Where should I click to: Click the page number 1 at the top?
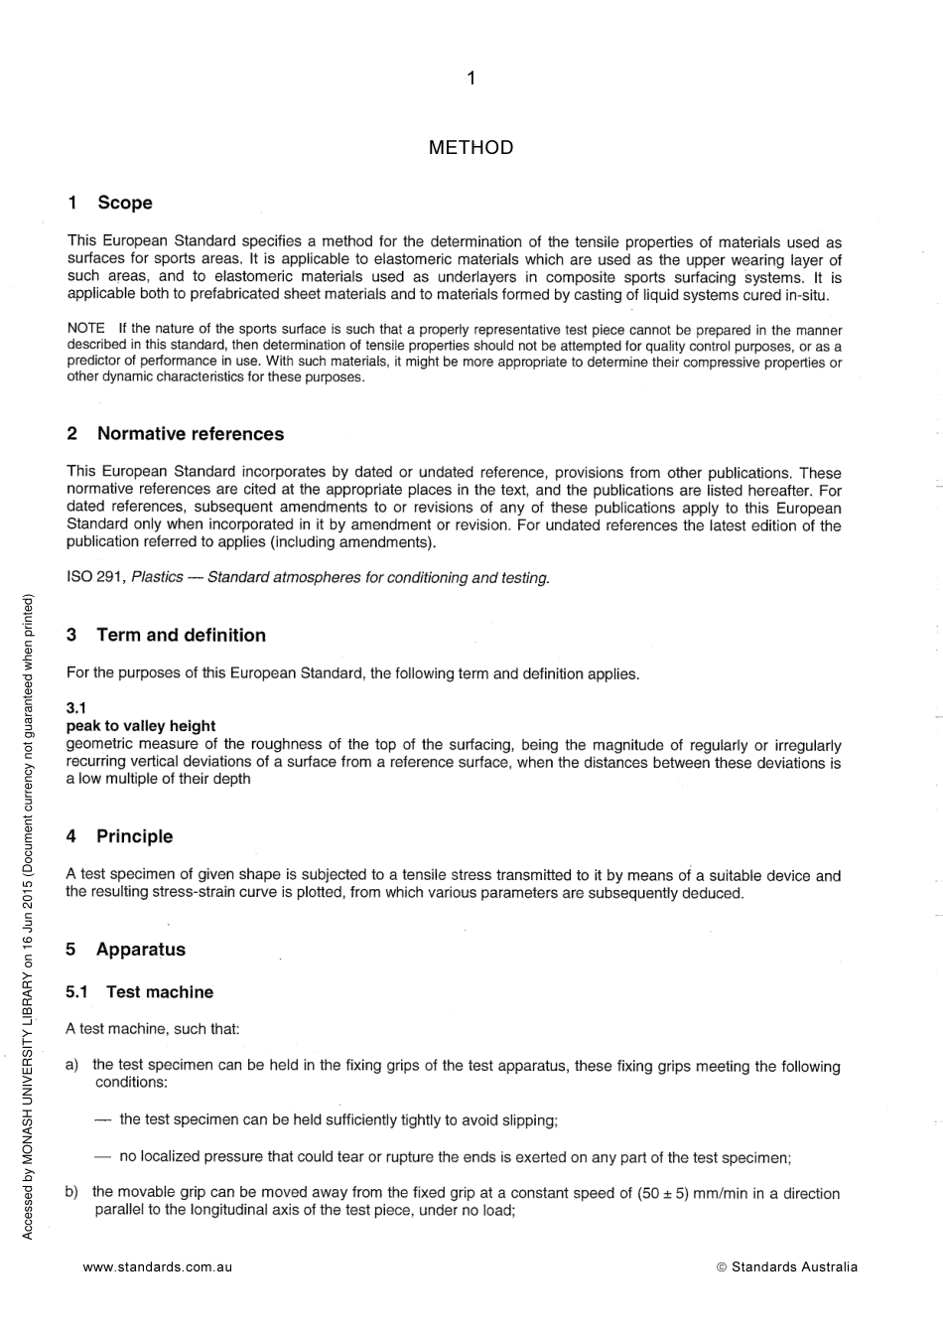pyautogui.click(x=471, y=78)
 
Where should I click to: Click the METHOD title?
pyautogui.click(x=471, y=148)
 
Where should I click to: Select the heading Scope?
pyautogui.click(x=124, y=203)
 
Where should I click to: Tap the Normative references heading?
pyautogui.click(x=190, y=434)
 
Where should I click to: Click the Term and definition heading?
pyautogui.click(x=181, y=636)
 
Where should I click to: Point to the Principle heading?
pyautogui.click(x=134, y=836)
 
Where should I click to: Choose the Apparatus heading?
pyautogui.click(x=140, y=950)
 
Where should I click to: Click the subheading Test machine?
pyautogui.click(x=159, y=992)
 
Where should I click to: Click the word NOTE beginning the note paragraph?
pyautogui.click(x=85, y=329)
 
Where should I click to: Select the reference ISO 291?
pyautogui.click(x=95, y=578)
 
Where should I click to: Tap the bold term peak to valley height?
pyautogui.click(x=140, y=726)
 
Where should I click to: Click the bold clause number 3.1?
pyautogui.click(x=76, y=708)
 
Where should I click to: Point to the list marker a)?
pyautogui.click(x=72, y=1066)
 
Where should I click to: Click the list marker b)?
pyautogui.click(x=72, y=1192)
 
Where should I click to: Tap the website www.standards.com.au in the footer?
pyautogui.click(x=158, y=1267)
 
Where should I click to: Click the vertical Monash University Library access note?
pyautogui.click(x=28, y=916)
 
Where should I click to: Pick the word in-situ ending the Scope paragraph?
pyautogui.click(x=806, y=296)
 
